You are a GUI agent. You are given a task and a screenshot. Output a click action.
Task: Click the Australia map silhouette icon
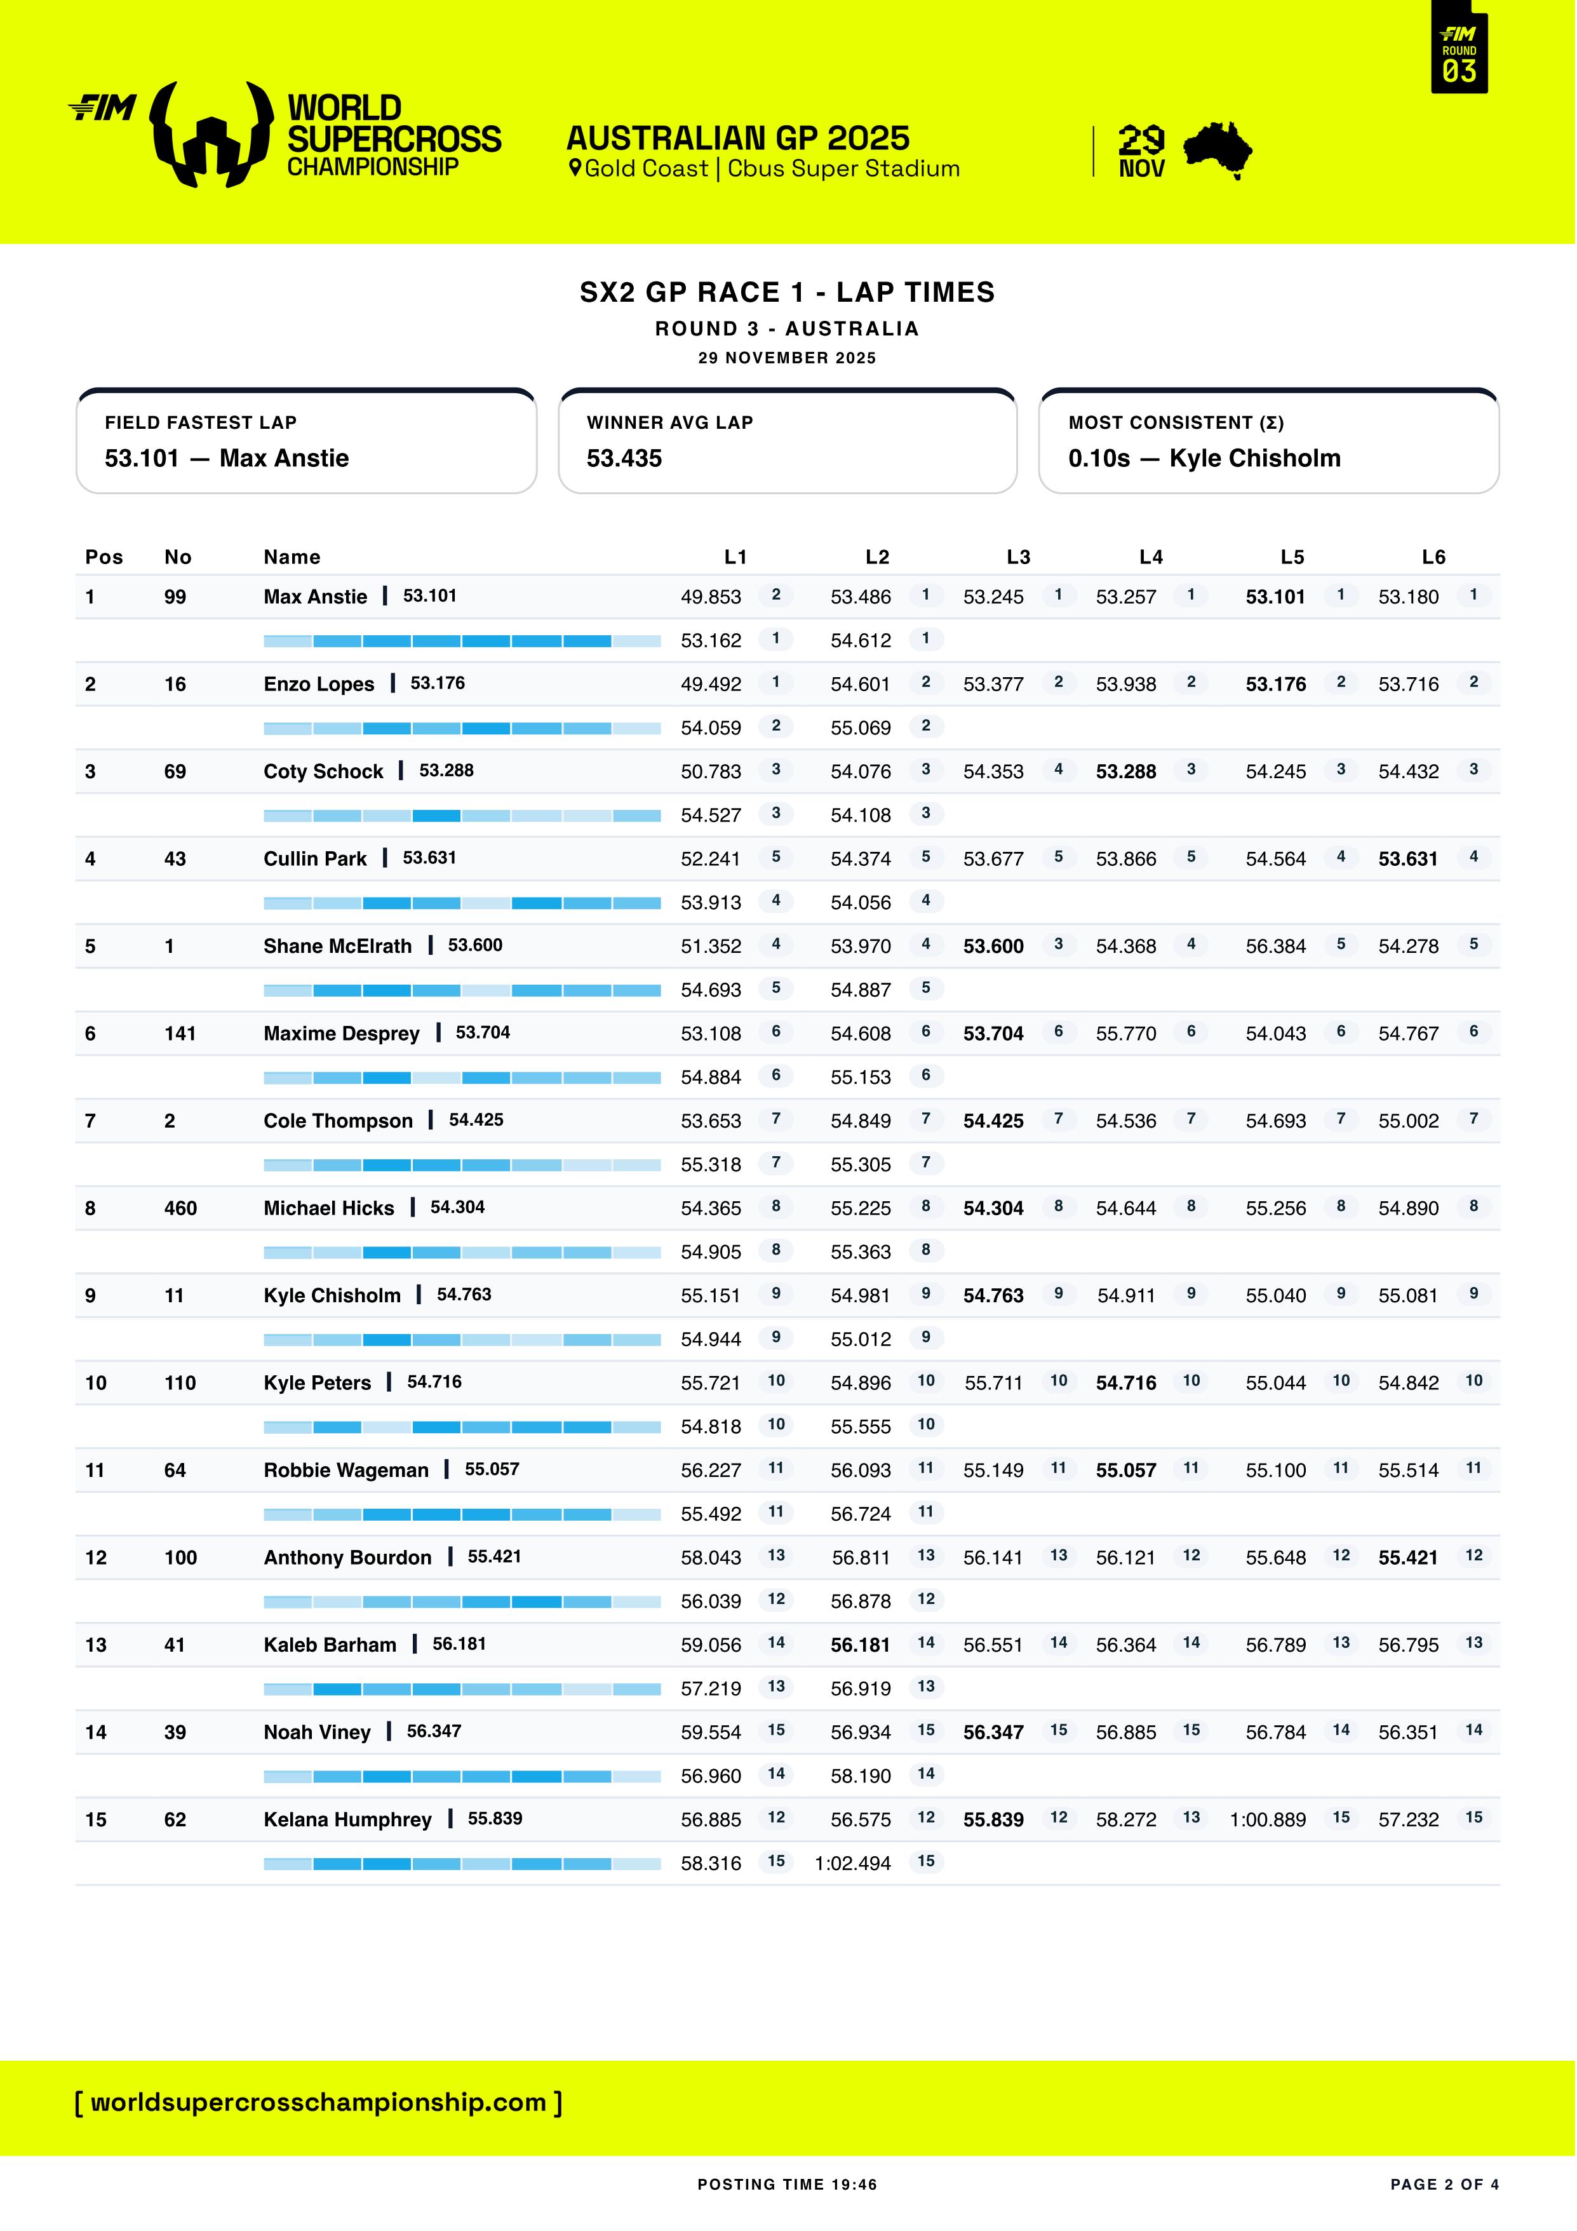pos(1218,151)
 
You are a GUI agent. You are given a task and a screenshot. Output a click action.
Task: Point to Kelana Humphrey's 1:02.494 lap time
pos(852,1863)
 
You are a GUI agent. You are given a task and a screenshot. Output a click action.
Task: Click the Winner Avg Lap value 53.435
pos(624,459)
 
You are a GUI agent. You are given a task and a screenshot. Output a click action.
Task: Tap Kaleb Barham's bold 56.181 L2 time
pos(860,1645)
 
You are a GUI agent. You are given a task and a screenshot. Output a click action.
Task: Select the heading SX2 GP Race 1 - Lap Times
pos(787,292)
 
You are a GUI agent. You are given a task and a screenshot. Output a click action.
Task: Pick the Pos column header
pos(104,556)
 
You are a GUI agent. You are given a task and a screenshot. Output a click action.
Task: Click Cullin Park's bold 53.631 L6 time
pos(1408,859)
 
